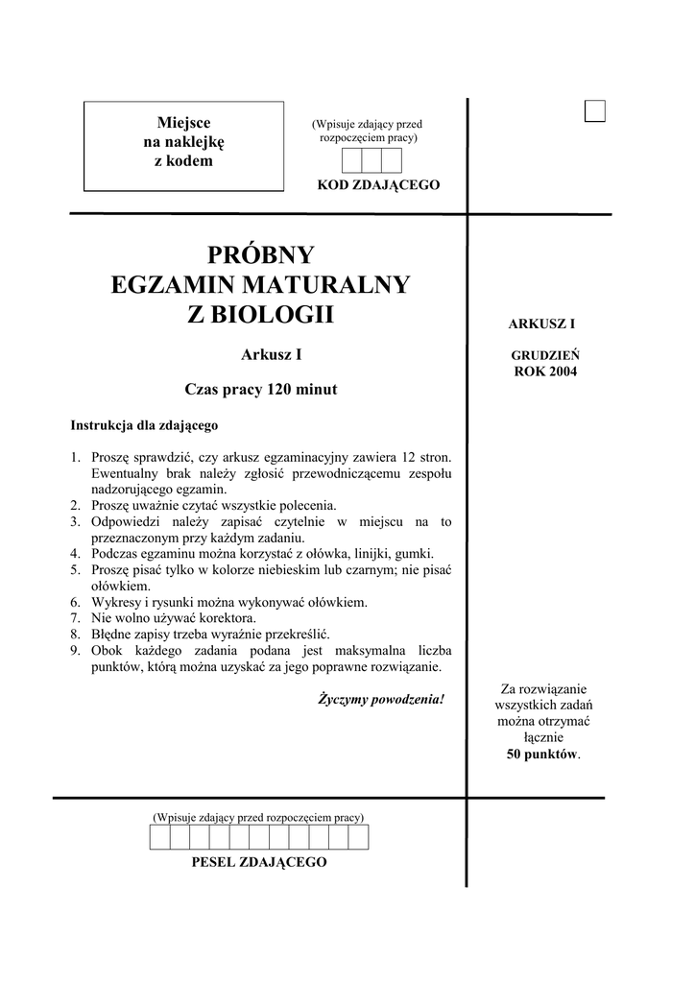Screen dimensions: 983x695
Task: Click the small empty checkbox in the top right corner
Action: [x=595, y=111]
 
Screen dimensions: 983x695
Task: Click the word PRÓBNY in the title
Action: [x=261, y=255]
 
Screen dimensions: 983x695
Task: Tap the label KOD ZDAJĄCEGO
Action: [x=378, y=184]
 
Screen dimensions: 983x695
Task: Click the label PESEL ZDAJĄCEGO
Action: [x=259, y=862]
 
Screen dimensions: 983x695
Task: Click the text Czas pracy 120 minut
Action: [x=261, y=390]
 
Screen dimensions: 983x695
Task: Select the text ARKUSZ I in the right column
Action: [x=541, y=325]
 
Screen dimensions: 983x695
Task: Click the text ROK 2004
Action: [x=544, y=371]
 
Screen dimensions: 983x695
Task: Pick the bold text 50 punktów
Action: [x=543, y=755]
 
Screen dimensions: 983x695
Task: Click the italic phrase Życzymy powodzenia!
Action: [x=381, y=698]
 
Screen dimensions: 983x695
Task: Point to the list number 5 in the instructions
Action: [x=75, y=569]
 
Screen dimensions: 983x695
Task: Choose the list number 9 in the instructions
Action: [x=75, y=651]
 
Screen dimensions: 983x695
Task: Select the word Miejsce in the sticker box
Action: [x=183, y=122]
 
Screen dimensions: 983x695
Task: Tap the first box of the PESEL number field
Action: [x=159, y=838]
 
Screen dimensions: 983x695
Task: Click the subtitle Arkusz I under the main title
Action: [x=272, y=354]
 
